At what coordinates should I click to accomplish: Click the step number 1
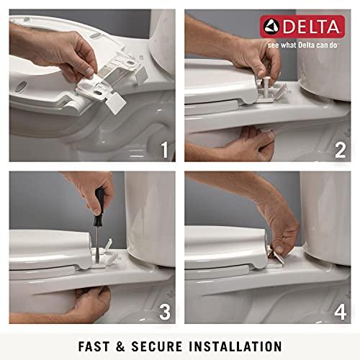click(x=164, y=150)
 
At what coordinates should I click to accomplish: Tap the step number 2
click(x=340, y=150)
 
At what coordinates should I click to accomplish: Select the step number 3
click(x=164, y=313)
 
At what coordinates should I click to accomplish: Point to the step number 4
click(x=340, y=313)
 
